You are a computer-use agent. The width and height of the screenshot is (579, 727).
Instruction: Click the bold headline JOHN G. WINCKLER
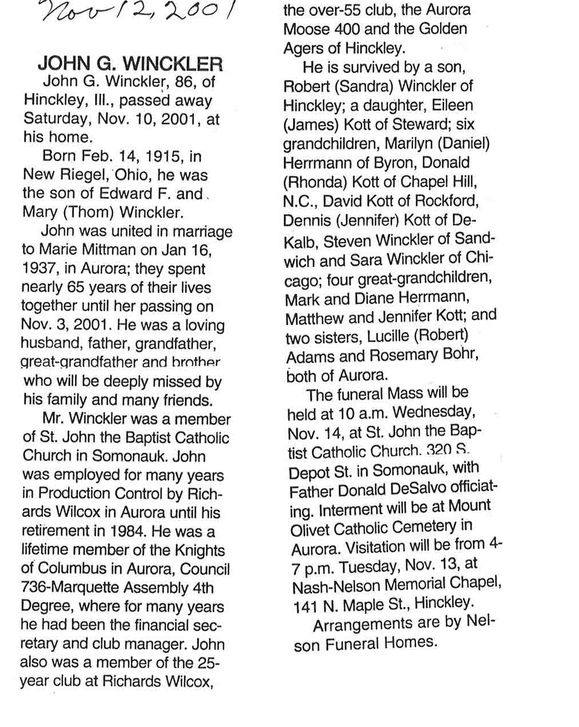click(130, 63)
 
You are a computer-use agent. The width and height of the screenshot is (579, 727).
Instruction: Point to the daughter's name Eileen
click(449, 105)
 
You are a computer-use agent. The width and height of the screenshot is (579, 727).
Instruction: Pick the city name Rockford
click(446, 201)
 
